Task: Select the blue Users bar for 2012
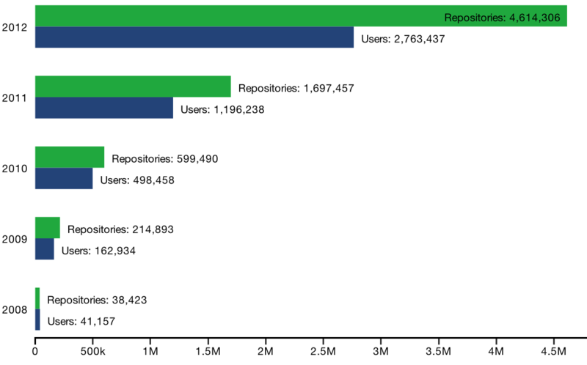pos(194,37)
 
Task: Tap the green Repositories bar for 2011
pos(133,86)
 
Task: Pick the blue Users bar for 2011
pos(104,108)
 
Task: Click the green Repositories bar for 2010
pos(70,157)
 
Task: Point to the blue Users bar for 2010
pos(64,178)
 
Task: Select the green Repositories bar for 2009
pos(48,227)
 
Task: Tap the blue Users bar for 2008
pos(37,320)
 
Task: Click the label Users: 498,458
pos(137,180)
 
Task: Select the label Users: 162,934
pos(98,251)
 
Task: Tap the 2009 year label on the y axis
pos(15,239)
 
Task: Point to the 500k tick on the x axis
pos(92,352)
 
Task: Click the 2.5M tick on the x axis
pos(323,352)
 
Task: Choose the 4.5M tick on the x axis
pos(553,352)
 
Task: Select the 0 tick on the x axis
pos(35,352)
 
